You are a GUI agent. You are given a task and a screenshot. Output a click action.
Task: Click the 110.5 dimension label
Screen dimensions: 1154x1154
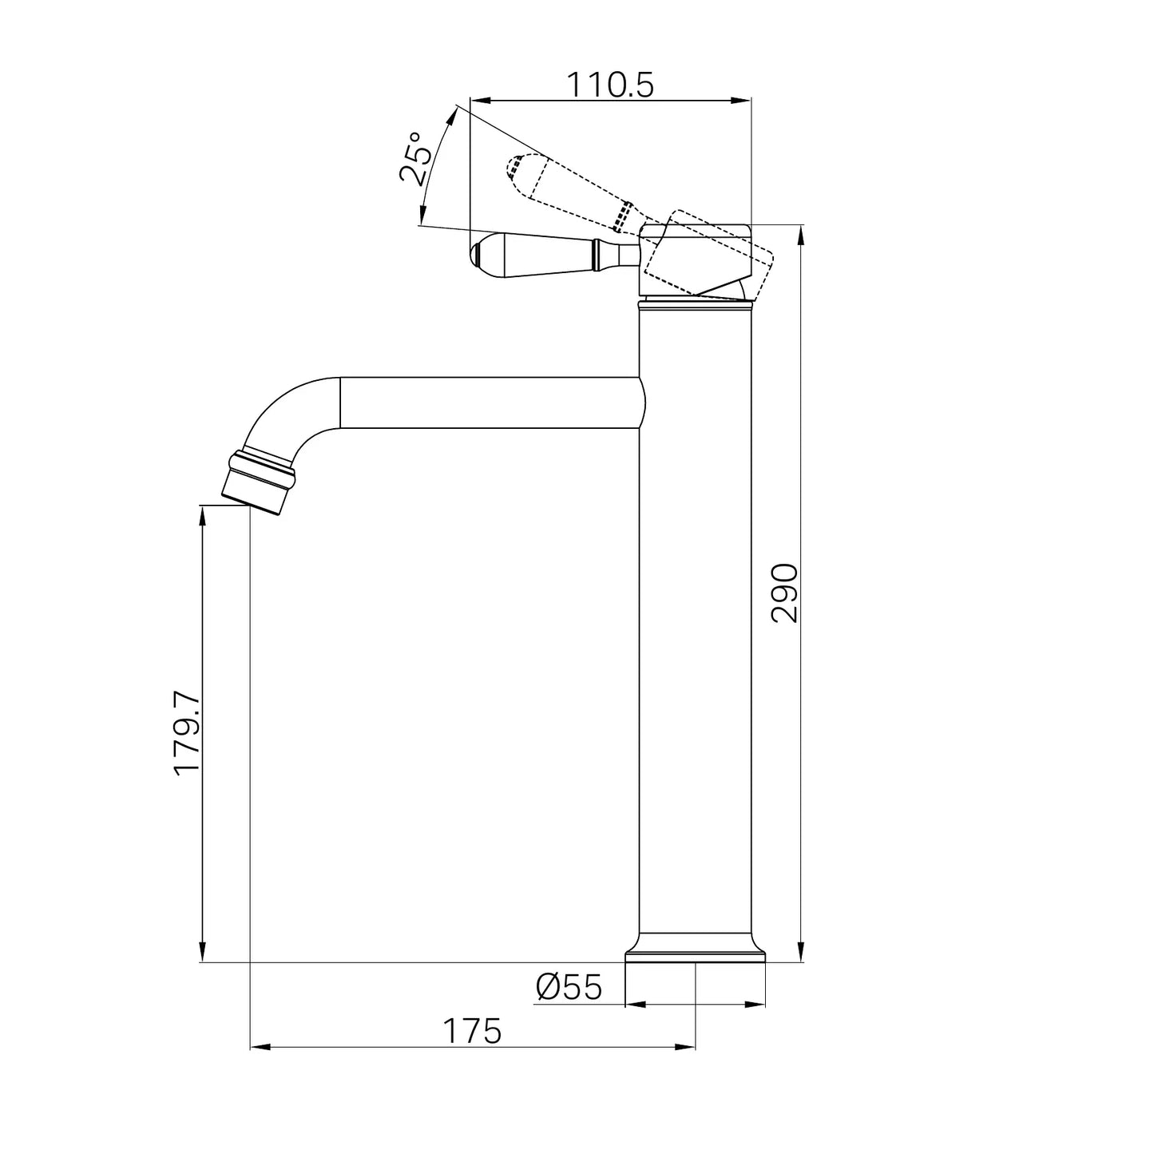609,85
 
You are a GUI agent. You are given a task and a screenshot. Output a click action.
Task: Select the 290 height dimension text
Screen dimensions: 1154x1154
784,593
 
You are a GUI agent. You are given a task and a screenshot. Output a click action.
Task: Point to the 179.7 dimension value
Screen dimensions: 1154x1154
185,734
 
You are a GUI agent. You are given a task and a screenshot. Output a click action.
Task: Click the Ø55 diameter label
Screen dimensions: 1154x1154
569,986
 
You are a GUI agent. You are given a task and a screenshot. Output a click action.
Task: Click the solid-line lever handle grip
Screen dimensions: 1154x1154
533,256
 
